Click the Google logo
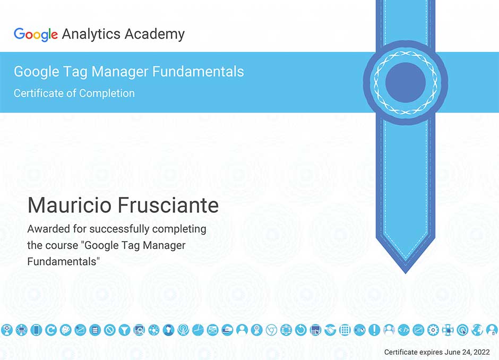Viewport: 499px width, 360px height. click(x=36, y=35)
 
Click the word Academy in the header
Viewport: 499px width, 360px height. click(x=154, y=35)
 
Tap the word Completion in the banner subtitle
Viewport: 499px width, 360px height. click(x=107, y=93)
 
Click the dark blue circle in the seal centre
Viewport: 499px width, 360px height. click(x=406, y=82)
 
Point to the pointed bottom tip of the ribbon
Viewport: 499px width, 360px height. click(x=406, y=273)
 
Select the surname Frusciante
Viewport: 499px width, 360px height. click(x=168, y=205)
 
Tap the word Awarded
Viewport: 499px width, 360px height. click(x=49, y=229)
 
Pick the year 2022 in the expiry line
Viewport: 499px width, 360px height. click(x=481, y=352)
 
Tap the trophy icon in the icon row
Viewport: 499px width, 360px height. click(x=7, y=330)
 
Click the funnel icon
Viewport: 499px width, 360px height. click(x=124, y=330)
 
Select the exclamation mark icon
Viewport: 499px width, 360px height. click(x=374, y=330)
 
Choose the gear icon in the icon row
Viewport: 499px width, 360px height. click(x=433, y=330)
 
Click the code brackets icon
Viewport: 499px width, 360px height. click(x=404, y=330)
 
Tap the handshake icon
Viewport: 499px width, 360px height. click(x=330, y=330)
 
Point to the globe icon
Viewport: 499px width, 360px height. click(x=477, y=330)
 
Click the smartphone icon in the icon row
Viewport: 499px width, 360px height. click(x=36, y=330)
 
